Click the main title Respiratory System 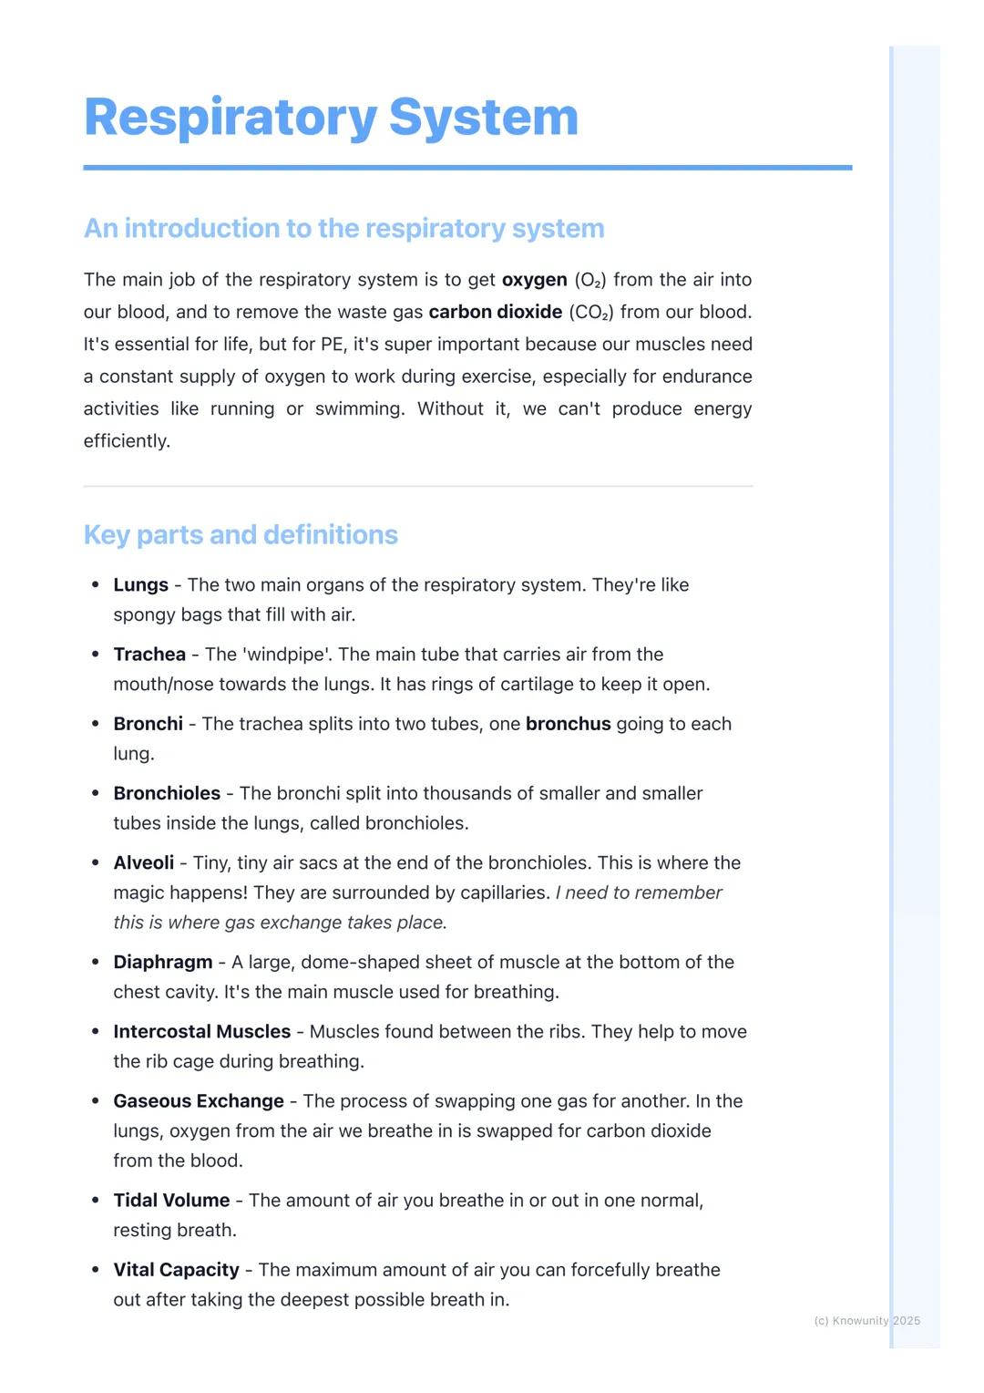pos(331,118)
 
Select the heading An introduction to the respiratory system pos(343,228)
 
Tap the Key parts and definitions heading pos(241,534)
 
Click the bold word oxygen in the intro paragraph pos(534,280)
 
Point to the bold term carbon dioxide pos(495,312)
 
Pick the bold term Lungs pos(140,585)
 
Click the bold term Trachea pos(149,655)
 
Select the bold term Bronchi pos(148,724)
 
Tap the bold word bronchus pos(568,724)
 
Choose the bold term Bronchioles pos(167,793)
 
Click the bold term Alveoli pos(143,862)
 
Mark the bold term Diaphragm pos(162,962)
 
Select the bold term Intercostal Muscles pos(201,1031)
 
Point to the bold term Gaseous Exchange pos(198,1100)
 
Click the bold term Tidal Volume pos(171,1200)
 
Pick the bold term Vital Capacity pos(176,1269)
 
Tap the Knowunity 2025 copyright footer pos(866,1320)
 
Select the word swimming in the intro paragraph pos(359,408)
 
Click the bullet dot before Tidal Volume pos(96,1200)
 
